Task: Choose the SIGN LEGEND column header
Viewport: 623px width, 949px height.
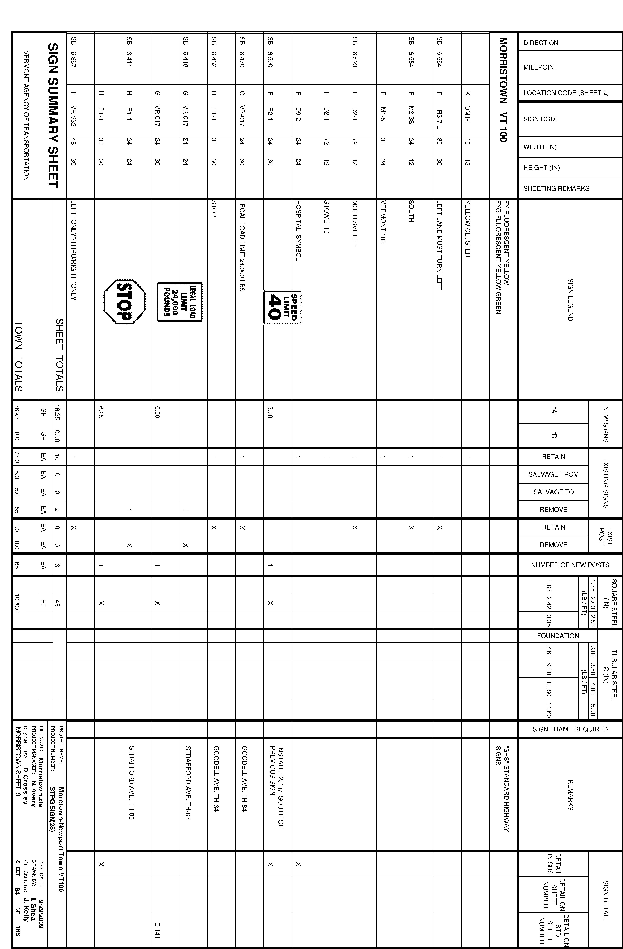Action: click(x=570, y=300)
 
